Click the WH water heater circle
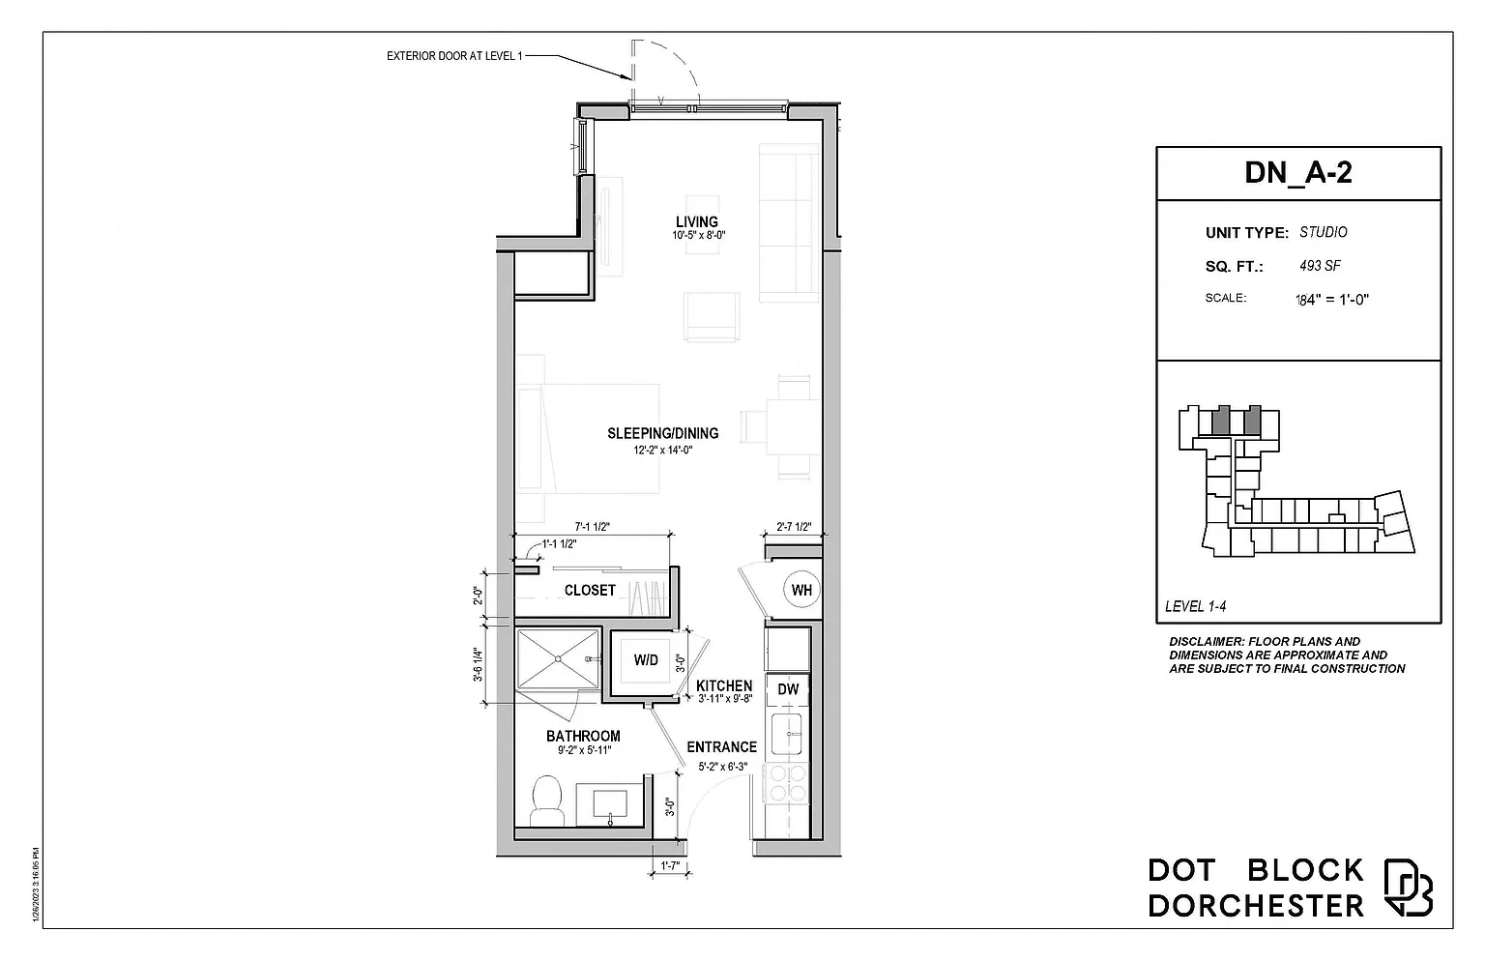[x=801, y=589]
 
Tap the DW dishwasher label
[x=788, y=689]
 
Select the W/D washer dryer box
[x=646, y=661]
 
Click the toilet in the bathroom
[x=547, y=801]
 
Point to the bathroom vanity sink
[x=610, y=806]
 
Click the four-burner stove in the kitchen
[x=786, y=783]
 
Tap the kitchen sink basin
[x=787, y=734]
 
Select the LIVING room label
[x=697, y=222]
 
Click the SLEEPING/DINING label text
[x=663, y=433]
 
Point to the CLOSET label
[x=590, y=590]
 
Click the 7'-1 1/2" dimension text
[x=592, y=527]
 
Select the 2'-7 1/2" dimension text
[x=794, y=527]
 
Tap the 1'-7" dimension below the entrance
[x=670, y=865]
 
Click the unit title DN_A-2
[x=1298, y=172]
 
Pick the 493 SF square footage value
[x=1320, y=266]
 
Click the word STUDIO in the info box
[x=1324, y=232]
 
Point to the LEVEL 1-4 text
[x=1195, y=606]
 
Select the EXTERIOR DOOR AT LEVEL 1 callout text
[x=454, y=56]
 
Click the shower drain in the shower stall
[x=558, y=658]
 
